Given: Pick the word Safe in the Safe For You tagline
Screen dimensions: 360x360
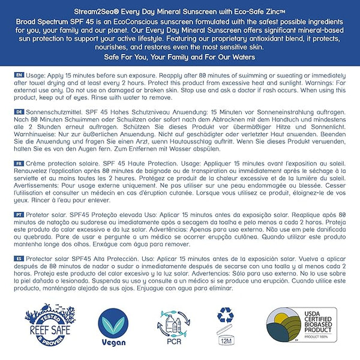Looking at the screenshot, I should coord(116,56).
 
